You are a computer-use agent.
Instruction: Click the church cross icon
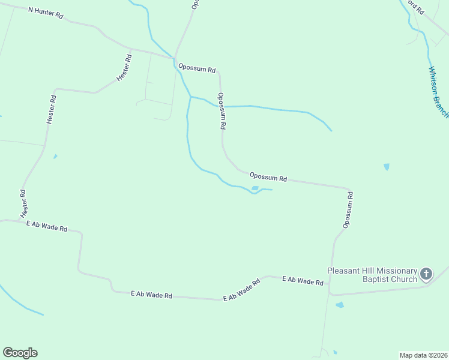(426, 275)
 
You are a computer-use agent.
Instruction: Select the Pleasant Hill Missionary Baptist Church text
(372, 274)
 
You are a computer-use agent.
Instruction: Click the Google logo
(20, 353)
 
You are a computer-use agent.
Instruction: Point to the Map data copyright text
(423, 355)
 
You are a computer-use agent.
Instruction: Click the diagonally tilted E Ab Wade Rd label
(241, 290)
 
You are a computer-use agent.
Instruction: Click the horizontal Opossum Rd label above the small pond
(268, 178)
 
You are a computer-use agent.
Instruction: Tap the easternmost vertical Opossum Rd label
(348, 210)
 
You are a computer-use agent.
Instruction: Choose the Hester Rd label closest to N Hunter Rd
(124, 68)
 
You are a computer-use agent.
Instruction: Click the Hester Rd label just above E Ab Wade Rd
(23, 204)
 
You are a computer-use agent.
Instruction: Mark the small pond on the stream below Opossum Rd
(255, 188)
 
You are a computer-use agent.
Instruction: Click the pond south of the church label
(340, 305)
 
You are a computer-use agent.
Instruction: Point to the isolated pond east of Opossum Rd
(386, 167)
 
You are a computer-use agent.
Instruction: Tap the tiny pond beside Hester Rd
(55, 157)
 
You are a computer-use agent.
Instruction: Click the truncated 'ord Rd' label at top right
(415, 7)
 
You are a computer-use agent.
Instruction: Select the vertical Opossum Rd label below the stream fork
(222, 112)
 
